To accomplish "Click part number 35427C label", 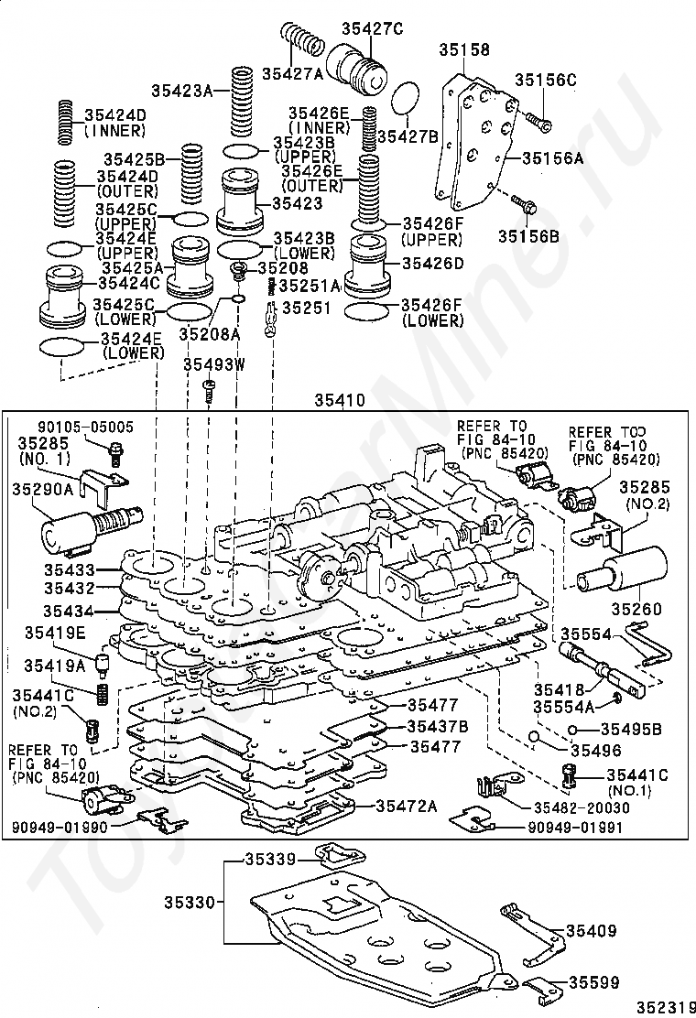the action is coord(373,27).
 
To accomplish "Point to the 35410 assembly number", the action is coord(340,401).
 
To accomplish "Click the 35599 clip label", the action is coord(594,982).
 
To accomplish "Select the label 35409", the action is coord(591,930).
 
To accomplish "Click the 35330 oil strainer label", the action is coord(189,903).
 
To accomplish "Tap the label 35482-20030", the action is coord(582,807).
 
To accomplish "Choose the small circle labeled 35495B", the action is coord(572,730).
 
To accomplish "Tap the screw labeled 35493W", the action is coord(209,392).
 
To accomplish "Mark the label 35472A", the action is coord(407,807).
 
